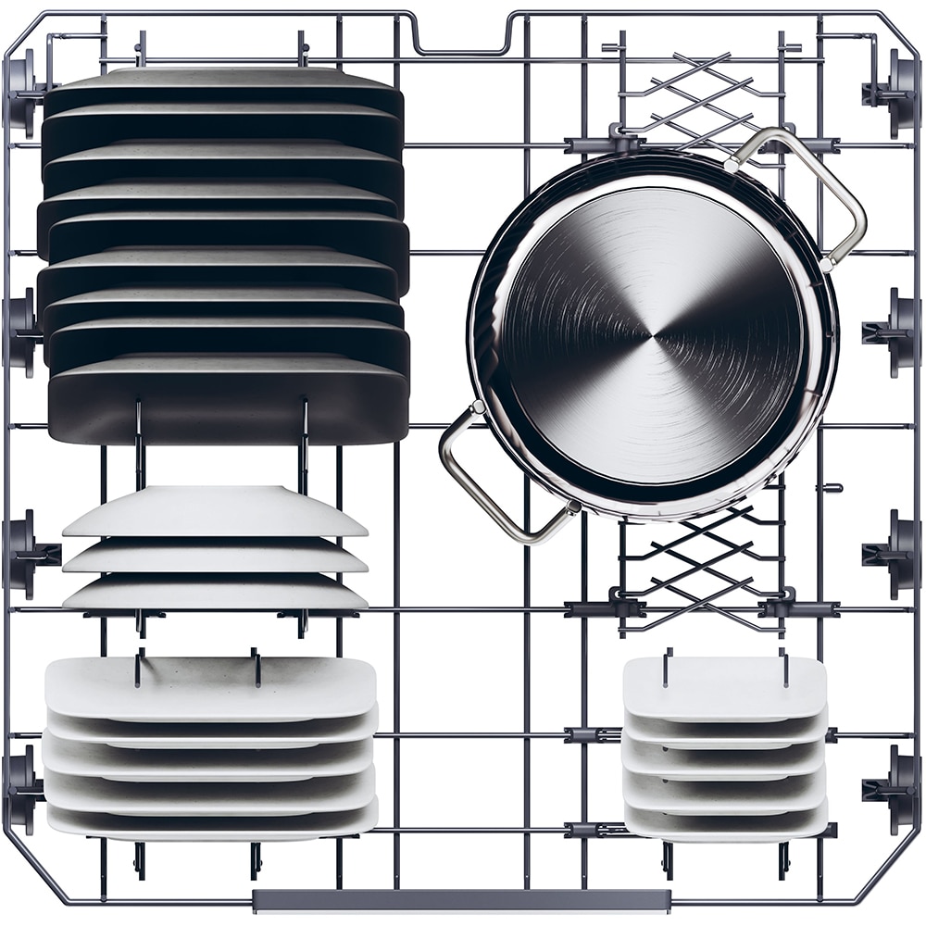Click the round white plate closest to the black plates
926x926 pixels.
215,509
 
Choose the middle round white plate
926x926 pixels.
215,556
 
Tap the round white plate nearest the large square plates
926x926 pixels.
215,593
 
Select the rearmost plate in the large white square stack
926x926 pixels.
210,685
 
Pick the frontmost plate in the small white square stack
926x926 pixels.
725,820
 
